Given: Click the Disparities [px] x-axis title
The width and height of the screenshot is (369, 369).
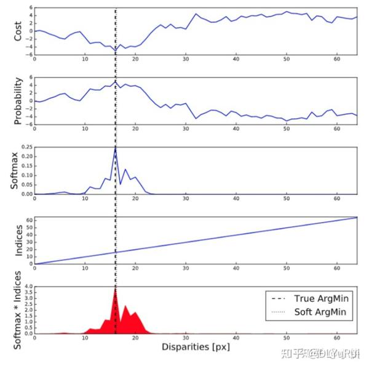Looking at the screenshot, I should (195, 347).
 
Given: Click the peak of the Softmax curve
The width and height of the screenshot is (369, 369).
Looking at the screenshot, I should (116, 148).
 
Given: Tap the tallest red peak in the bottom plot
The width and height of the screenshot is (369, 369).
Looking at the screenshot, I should (116, 288).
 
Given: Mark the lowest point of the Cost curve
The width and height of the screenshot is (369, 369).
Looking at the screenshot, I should (116, 50).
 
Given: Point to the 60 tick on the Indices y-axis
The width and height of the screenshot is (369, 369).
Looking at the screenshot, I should (28, 220).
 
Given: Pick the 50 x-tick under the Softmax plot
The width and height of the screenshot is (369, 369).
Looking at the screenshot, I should (287, 199).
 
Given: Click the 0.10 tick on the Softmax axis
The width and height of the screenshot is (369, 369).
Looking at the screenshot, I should (26, 175).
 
